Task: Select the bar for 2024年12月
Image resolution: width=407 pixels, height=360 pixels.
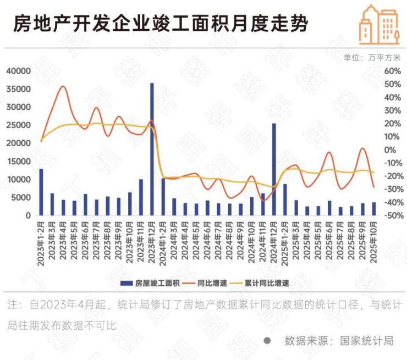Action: (x=273, y=169)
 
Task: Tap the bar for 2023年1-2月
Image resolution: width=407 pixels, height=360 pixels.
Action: (x=41, y=192)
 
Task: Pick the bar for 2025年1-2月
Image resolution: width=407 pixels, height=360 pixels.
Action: (x=284, y=200)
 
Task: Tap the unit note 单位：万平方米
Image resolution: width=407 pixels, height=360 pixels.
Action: (x=372, y=57)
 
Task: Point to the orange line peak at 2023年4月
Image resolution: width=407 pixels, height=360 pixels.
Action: (x=63, y=86)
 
